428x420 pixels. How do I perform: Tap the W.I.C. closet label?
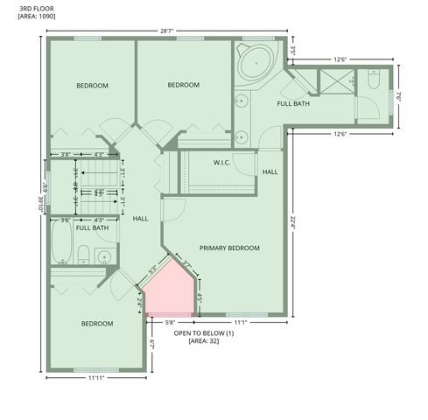221,163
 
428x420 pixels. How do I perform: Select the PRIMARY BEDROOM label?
229,248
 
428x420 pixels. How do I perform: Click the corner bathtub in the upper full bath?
255,62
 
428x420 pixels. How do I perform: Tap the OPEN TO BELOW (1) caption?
204,333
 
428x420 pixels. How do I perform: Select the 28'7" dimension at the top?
167,31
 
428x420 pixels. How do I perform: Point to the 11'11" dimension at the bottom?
97,379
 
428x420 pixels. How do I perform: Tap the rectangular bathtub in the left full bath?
62,244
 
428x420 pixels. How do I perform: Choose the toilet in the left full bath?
83,255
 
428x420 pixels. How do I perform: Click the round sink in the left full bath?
104,257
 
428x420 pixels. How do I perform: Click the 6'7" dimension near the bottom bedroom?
151,345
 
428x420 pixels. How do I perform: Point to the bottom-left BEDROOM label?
97,324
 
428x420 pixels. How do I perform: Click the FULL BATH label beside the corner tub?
293,104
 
